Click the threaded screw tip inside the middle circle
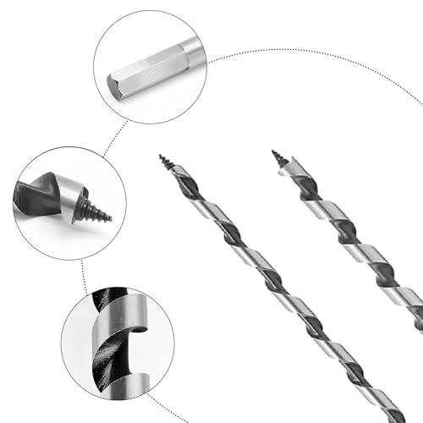[98, 208]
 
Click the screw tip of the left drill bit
[166, 162]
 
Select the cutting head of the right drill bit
[291, 173]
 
